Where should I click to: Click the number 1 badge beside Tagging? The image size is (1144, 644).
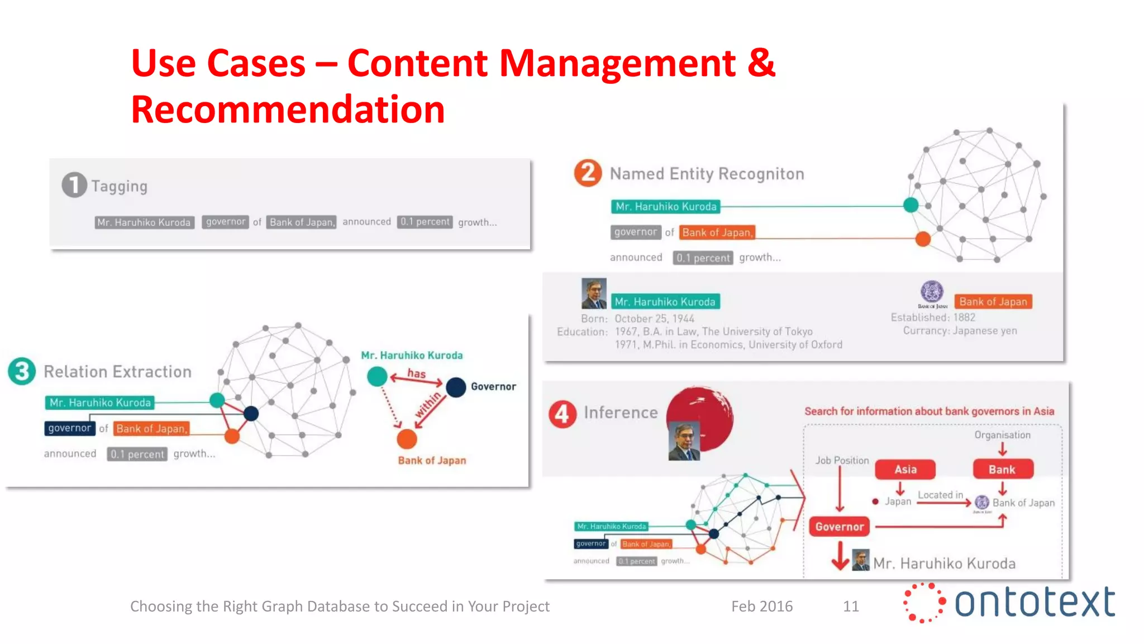tap(74, 185)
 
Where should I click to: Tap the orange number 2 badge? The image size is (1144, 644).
tap(588, 173)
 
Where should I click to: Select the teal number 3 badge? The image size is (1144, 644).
tap(22, 371)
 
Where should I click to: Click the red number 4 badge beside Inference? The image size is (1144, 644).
tap(563, 414)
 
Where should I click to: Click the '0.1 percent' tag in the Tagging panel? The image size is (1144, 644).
tap(425, 222)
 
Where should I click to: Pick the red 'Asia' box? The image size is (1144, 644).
tap(905, 470)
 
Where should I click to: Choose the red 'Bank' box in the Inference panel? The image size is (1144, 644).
tap(1002, 470)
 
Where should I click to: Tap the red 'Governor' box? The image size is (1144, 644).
tap(839, 527)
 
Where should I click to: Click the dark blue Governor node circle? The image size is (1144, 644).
tap(456, 387)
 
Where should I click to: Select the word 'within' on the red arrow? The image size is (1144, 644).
tap(428, 405)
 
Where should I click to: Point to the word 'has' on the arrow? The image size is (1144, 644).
tap(416, 373)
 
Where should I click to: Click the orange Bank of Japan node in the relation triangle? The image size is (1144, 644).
tap(407, 439)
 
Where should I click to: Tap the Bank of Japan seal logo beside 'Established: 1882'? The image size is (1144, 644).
tap(932, 292)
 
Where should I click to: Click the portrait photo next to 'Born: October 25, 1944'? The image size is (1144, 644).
tap(594, 293)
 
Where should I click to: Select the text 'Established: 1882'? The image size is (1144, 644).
tap(933, 318)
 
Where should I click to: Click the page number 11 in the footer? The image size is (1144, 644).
tap(851, 606)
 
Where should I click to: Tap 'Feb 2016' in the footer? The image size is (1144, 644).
tap(762, 606)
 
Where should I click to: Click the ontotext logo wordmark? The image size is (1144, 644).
tap(1035, 603)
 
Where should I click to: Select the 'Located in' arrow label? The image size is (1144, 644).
tap(940, 495)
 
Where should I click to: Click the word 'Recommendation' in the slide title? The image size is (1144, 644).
tap(288, 109)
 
